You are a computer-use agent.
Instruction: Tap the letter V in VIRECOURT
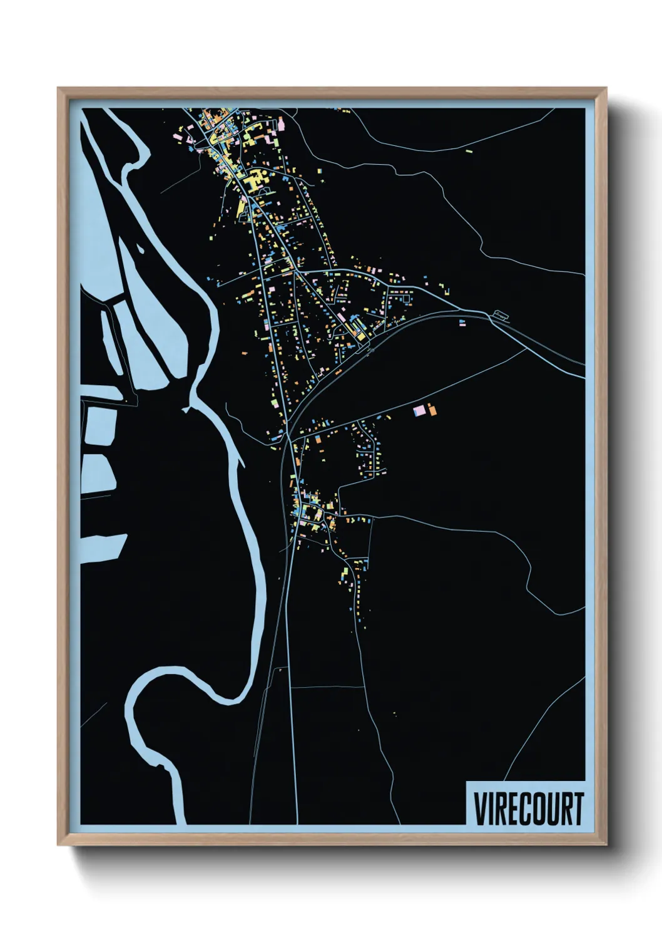pyautogui.click(x=480, y=809)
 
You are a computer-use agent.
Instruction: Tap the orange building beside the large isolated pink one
pyautogui.click(x=430, y=410)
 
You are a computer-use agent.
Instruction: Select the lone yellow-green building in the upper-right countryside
pyautogui.click(x=469, y=150)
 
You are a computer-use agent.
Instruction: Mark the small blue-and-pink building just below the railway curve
pyautogui.click(x=462, y=323)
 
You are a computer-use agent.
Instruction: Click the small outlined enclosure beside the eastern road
pyautogui.click(x=501, y=315)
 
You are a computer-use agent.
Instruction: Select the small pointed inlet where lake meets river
pyautogui.click(x=186, y=410)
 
